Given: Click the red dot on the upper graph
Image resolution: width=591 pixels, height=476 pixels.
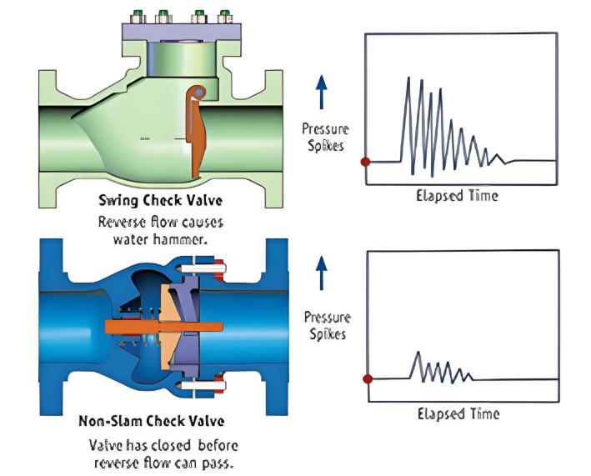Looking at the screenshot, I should [x=364, y=162].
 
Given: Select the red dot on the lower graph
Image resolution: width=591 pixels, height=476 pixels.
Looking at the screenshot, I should [x=368, y=379].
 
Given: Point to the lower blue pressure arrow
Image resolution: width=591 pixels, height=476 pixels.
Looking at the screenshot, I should [x=322, y=273].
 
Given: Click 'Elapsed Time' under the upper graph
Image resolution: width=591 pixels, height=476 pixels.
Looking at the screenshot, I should [x=457, y=196].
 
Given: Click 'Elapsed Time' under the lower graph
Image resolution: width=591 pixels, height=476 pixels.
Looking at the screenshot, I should [x=458, y=413].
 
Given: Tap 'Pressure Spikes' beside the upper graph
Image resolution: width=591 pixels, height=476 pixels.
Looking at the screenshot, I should [x=326, y=137].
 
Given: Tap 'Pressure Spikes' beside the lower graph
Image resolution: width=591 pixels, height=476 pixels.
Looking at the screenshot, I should [x=326, y=325].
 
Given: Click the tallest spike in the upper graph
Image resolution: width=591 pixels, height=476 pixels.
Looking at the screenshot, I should [x=408, y=80].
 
